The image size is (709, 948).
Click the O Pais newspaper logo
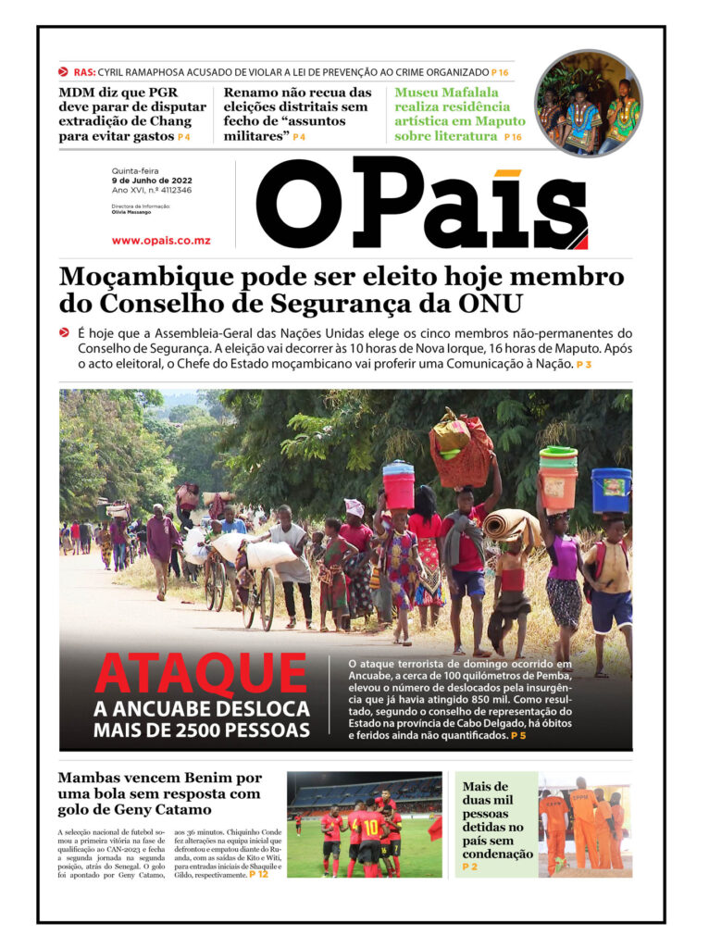421,206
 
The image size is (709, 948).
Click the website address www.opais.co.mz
161,241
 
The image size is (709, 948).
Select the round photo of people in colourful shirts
588,103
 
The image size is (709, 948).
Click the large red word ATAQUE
201,676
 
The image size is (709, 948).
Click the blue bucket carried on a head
611,490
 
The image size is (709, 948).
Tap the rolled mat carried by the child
512,527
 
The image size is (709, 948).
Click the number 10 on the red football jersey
370,827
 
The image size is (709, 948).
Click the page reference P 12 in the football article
258,874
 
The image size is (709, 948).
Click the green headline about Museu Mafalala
459,114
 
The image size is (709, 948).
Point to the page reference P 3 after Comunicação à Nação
583,366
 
